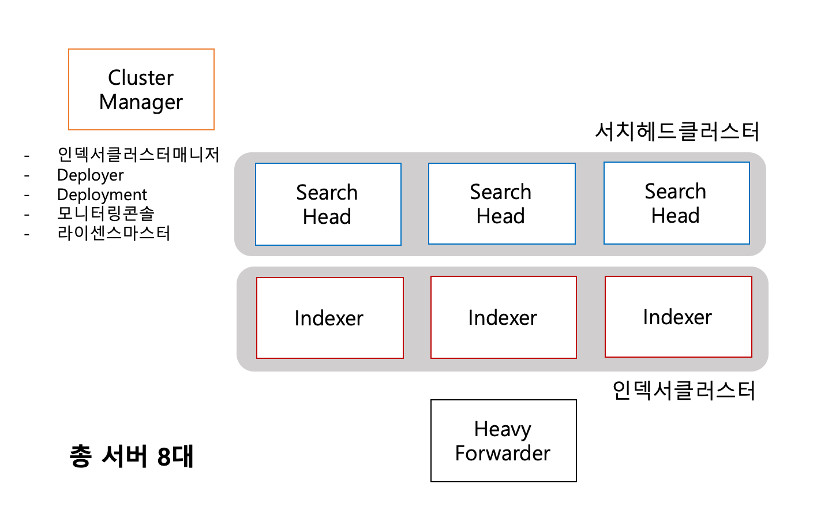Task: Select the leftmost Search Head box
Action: [328, 204]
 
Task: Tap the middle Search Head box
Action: [501, 204]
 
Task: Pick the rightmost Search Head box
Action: [676, 203]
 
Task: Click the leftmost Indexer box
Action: [329, 318]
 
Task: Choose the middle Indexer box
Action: [503, 317]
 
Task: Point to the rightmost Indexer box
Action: [678, 317]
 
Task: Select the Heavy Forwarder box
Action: [503, 441]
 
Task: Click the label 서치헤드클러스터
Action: [677, 132]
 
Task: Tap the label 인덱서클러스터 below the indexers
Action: [684, 391]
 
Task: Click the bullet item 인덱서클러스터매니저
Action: [138, 155]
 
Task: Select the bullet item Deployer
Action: [90, 175]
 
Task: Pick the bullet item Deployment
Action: [102, 194]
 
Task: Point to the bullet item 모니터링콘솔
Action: [106, 213]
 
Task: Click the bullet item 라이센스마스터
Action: [114, 233]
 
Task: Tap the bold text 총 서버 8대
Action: [132, 456]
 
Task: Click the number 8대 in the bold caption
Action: [175, 456]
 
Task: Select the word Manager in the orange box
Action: [141, 102]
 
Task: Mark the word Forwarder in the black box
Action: [503, 453]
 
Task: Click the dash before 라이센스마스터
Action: [27, 234]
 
